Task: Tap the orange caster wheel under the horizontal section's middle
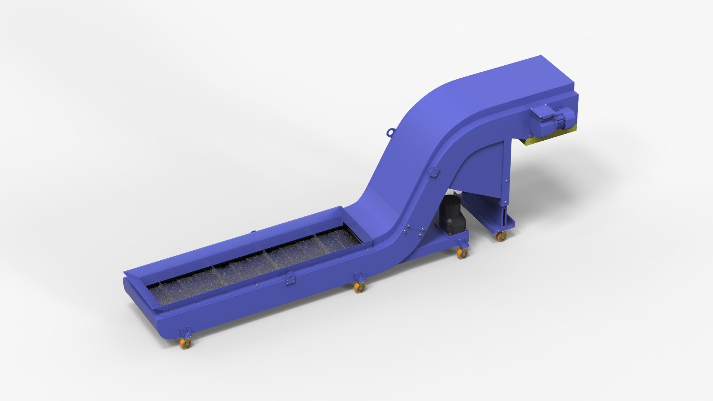click(359, 287)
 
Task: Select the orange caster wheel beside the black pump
click(462, 254)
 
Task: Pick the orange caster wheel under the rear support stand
click(501, 237)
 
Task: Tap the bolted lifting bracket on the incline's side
click(433, 172)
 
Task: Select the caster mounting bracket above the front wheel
click(185, 332)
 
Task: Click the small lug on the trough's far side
click(253, 232)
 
